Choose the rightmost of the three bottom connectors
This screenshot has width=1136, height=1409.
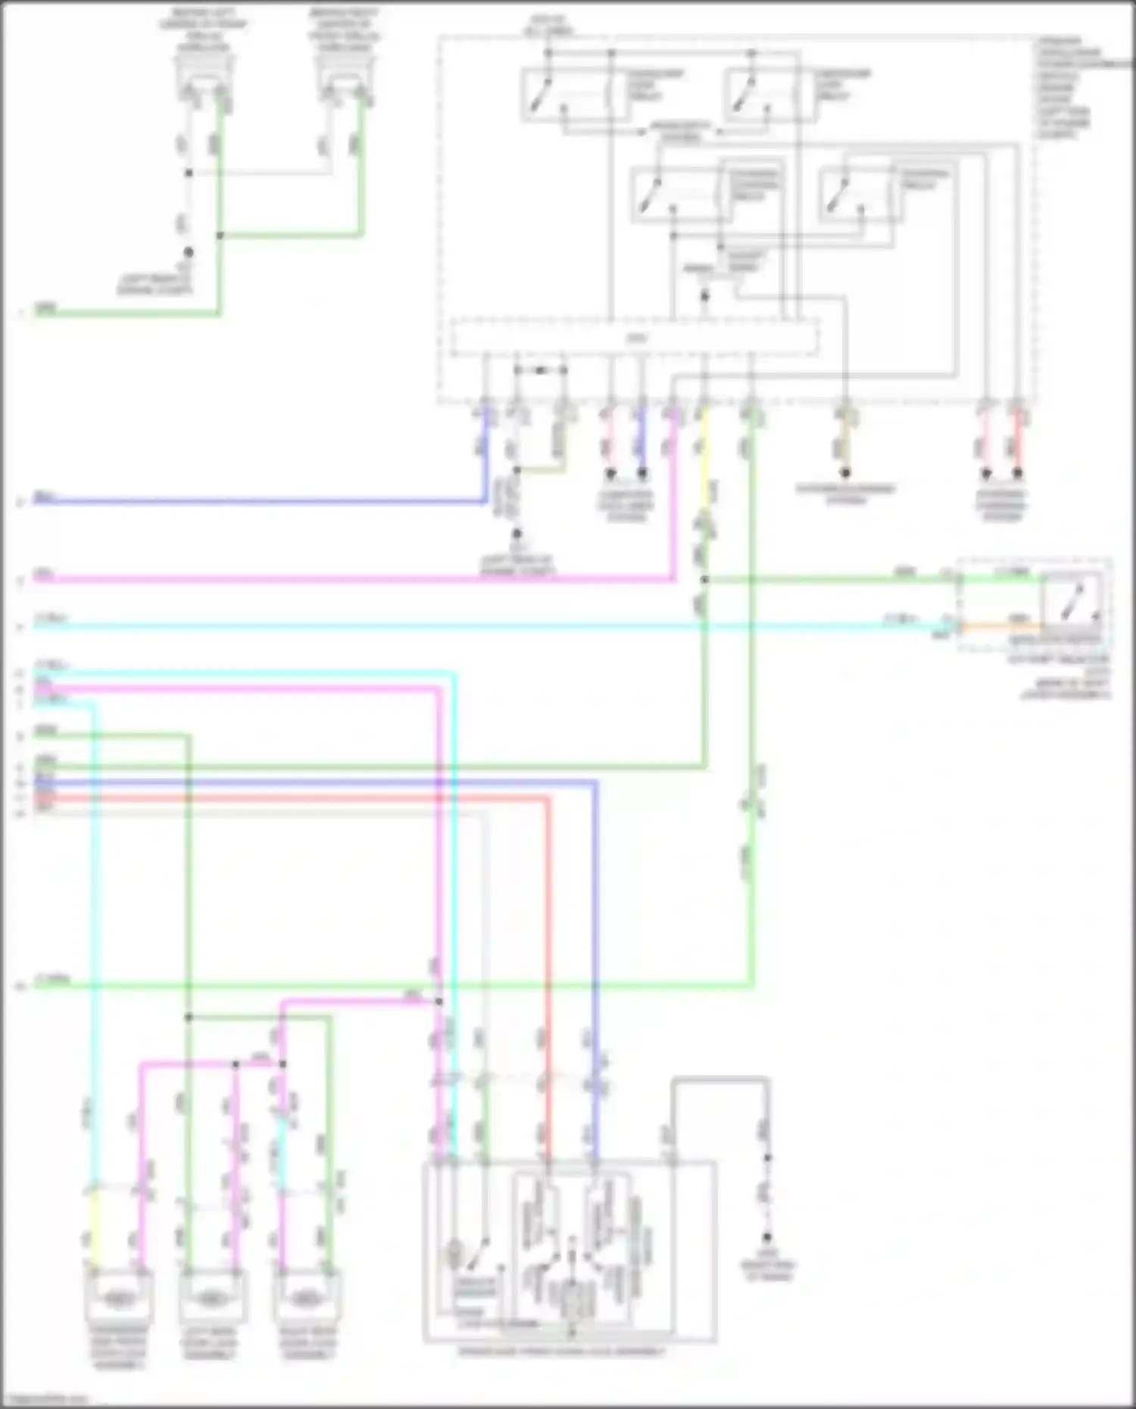(x=306, y=1298)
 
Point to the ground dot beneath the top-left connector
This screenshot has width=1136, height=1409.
(x=189, y=252)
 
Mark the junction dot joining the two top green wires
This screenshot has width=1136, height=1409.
(x=220, y=235)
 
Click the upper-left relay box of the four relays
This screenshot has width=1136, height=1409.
(x=576, y=95)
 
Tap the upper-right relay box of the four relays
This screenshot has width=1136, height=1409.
(x=771, y=95)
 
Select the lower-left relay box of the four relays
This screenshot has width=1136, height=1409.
(x=682, y=195)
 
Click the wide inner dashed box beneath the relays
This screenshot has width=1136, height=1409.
(x=635, y=338)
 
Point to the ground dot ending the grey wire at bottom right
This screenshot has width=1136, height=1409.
(x=767, y=1237)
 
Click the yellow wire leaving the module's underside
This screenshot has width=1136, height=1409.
(x=704, y=454)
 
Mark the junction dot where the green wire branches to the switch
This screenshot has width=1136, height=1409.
(x=704, y=580)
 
